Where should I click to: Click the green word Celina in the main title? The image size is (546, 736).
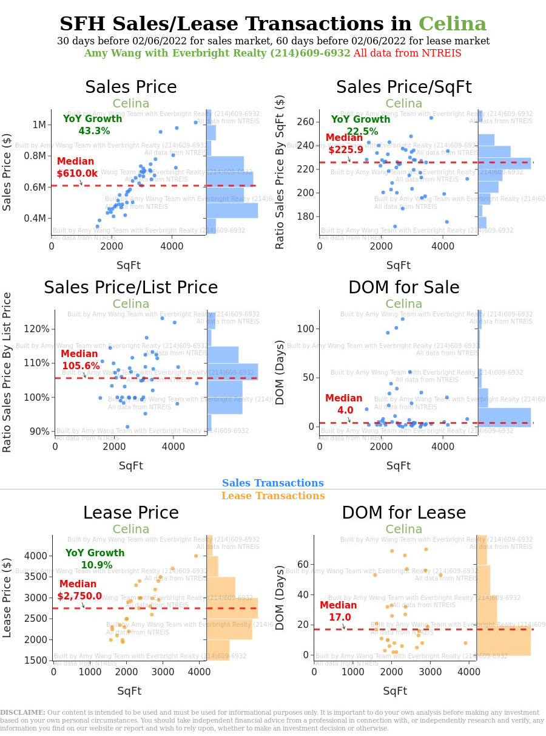(452, 24)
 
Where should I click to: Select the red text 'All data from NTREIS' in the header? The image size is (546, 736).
(407, 53)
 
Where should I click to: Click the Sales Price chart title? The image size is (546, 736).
(130, 87)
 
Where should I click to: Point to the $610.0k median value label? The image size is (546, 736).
(77, 174)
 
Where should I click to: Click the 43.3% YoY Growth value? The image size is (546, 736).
(93, 131)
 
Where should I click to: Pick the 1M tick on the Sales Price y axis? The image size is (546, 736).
(39, 125)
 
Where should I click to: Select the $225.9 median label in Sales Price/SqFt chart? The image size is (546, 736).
(345, 149)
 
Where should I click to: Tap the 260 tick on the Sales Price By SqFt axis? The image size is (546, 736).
(305, 122)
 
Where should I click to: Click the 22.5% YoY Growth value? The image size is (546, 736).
(362, 131)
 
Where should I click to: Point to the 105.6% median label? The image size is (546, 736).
(81, 366)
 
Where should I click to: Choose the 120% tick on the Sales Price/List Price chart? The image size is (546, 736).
(38, 329)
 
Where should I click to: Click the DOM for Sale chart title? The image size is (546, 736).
(403, 288)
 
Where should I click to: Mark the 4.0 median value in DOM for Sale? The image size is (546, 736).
(345, 411)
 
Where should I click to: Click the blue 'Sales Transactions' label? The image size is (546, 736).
(272, 483)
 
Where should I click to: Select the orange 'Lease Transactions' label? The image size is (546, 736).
(272, 496)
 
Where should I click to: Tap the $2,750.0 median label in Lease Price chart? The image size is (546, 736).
(80, 596)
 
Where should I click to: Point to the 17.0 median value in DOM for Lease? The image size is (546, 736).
(339, 617)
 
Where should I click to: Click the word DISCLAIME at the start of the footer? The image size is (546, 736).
(22, 712)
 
